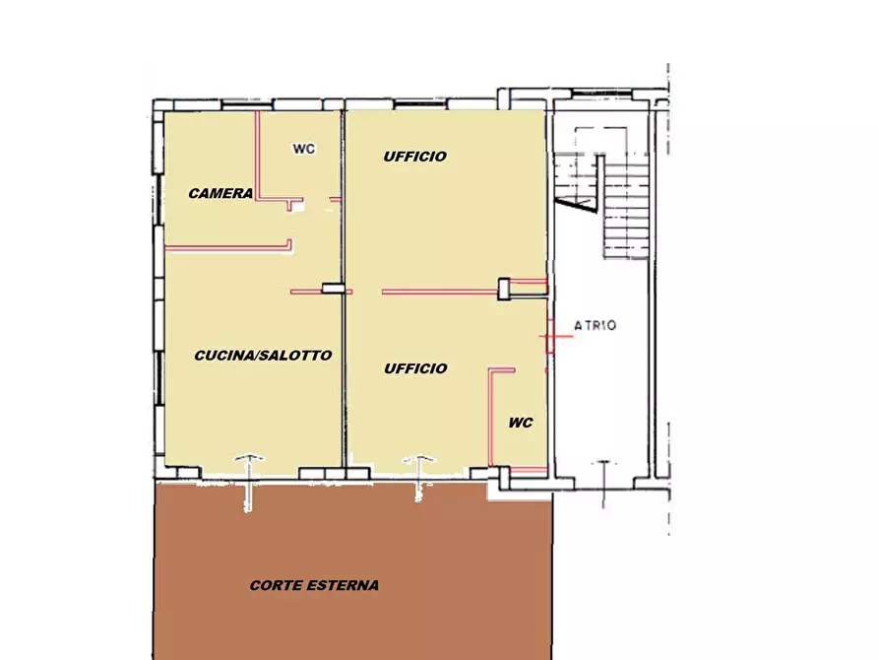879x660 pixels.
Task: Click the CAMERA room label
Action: pos(220,194)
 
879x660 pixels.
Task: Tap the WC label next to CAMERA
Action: pos(304,149)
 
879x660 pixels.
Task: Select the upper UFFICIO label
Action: pos(415,157)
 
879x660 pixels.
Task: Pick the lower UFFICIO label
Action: pos(415,368)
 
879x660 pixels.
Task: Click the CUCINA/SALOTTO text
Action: pos(263,356)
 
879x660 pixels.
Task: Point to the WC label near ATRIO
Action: pos(521,423)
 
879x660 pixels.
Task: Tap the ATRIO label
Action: pos(596,325)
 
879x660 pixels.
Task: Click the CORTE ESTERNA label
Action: pos(314,585)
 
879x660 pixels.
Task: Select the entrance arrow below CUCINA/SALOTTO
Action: pos(249,483)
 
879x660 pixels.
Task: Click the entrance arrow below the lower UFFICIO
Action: pos(418,478)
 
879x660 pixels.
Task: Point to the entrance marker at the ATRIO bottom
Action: pos(603,484)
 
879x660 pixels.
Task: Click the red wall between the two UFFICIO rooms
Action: pos(440,292)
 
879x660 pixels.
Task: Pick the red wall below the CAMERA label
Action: pos(227,247)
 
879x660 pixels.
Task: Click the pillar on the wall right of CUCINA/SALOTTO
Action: pos(333,289)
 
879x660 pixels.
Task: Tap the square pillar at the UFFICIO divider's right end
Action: pos(504,289)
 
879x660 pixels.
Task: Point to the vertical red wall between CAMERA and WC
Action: pos(258,156)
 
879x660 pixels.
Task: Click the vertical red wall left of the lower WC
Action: pos(491,417)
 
